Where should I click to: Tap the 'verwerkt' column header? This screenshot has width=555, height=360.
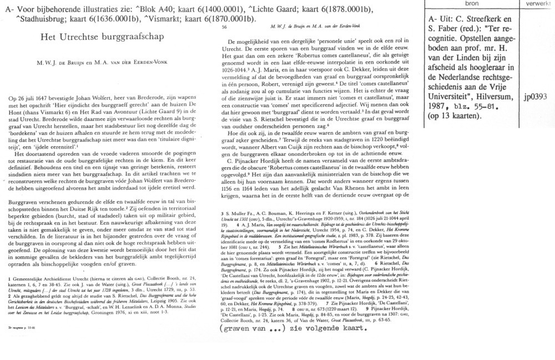click(x=536, y=4)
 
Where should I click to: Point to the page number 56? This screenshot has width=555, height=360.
click(x=224, y=27)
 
